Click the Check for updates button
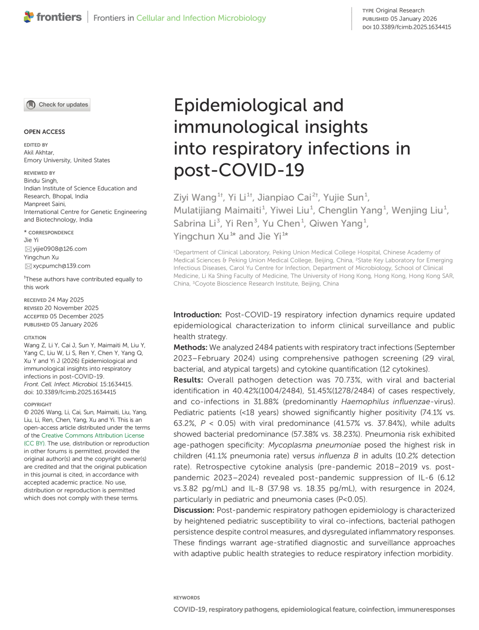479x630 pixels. (57, 105)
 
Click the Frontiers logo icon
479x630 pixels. (29, 17)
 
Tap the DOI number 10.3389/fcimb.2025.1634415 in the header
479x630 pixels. (412, 27)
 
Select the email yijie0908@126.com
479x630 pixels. (60, 249)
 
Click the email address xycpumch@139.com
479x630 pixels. (61, 266)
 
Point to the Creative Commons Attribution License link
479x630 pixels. (93, 436)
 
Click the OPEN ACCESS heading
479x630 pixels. (44, 132)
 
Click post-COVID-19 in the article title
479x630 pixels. (239, 170)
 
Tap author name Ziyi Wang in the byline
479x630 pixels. (195, 198)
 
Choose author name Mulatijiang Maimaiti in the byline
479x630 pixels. (217, 210)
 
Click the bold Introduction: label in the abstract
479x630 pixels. (197, 315)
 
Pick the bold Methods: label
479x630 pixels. (190, 347)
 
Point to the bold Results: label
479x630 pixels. (188, 380)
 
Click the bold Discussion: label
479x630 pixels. (194, 510)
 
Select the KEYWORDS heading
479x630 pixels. (187, 598)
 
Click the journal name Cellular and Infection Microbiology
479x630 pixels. (201, 18)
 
